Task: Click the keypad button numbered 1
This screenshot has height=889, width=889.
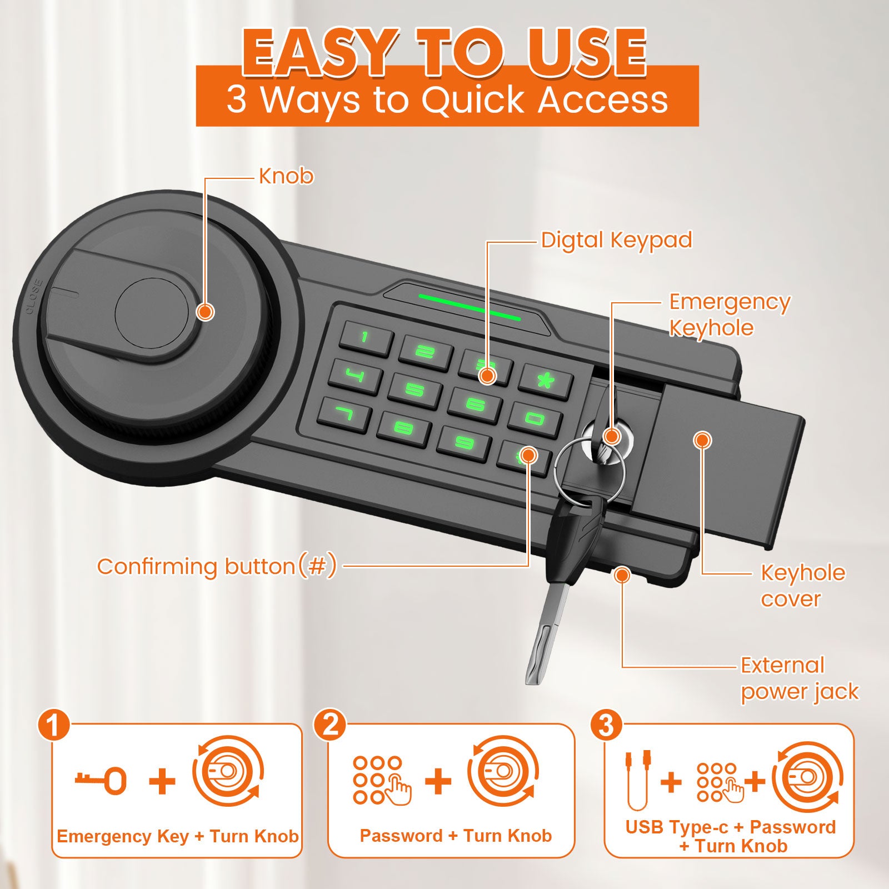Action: click(366, 338)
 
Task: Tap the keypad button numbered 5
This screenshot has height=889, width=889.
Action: click(414, 389)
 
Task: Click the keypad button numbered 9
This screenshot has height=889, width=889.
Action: click(464, 442)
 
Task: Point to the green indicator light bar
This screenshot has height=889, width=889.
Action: click(470, 307)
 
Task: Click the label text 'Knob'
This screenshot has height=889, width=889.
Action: click(286, 176)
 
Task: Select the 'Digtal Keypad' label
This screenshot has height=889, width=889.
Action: click(617, 241)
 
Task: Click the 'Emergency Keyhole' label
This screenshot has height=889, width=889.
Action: click(730, 314)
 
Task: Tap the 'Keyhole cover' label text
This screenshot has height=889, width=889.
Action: click(803, 586)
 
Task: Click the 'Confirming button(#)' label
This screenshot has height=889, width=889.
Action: click(217, 566)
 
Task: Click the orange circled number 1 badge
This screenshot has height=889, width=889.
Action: click(53, 726)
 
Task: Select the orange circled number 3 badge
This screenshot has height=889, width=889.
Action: click(606, 725)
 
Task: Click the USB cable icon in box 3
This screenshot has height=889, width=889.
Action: click(638, 780)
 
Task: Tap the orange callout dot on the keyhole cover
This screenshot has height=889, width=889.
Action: click(703, 440)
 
